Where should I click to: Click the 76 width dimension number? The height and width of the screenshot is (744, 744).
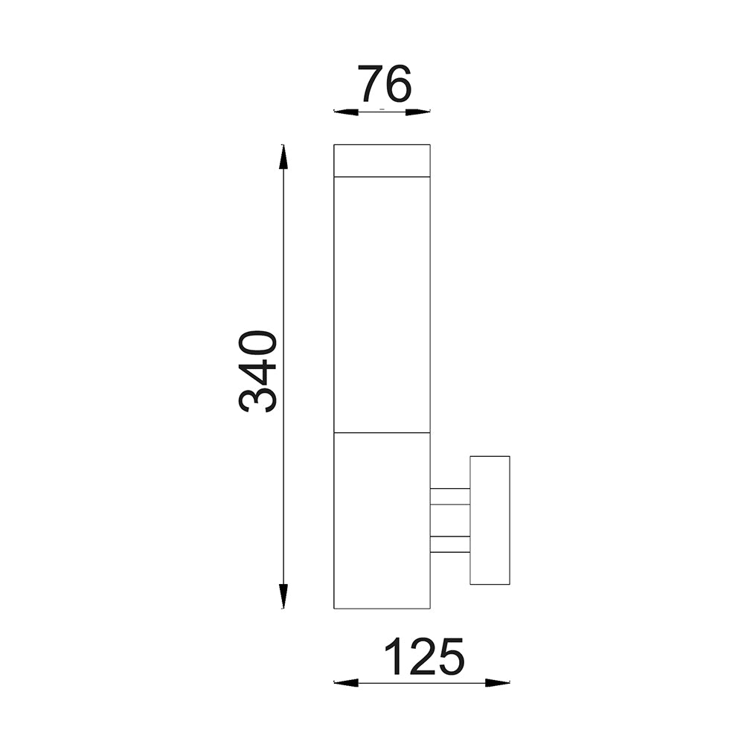point(385,84)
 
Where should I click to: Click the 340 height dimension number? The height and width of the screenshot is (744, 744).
point(259,371)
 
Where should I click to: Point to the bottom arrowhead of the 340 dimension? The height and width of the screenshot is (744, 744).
point(283,597)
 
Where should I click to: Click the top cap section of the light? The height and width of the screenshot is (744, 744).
point(382,161)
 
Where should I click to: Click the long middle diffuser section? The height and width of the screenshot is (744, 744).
point(382,305)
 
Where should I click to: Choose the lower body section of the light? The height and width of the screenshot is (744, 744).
point(382,521)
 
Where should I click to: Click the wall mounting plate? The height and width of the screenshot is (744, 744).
point(490,520)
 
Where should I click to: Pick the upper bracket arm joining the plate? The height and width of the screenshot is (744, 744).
point(449,496)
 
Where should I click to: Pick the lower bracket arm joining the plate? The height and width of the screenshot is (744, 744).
point(449,545)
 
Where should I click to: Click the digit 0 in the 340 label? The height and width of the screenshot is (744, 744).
point(259,344)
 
